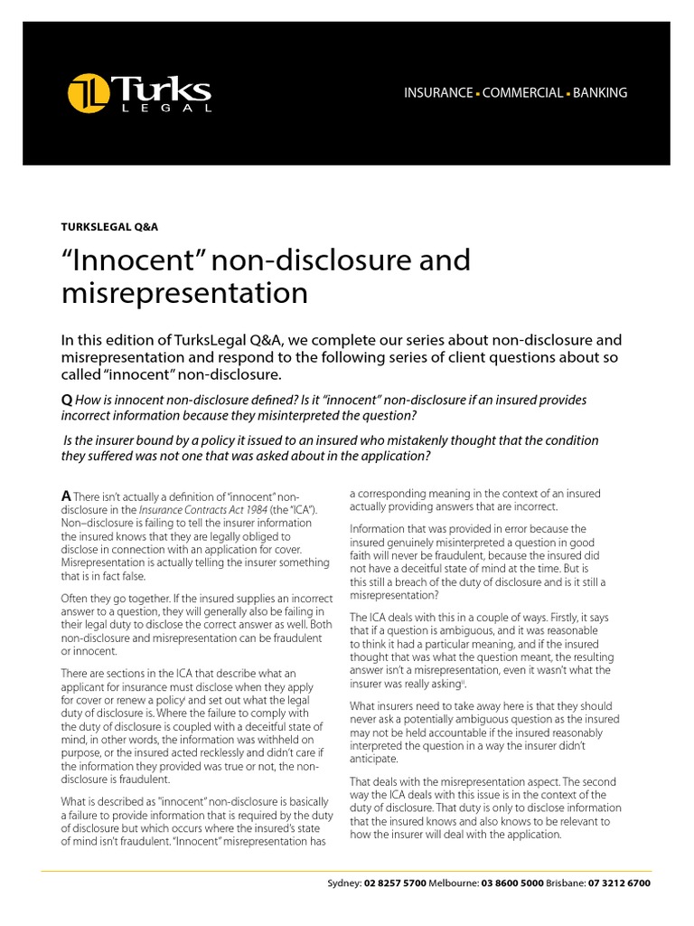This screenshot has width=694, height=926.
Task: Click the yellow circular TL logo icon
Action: point(88,93)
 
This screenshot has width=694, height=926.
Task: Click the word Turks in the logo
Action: point(162,89)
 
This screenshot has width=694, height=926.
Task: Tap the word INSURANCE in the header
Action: point(437,93)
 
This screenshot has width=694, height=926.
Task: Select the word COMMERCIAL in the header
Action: point(522,93)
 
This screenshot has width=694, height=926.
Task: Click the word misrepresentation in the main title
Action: point(184,293)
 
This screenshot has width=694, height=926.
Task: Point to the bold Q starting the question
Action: point(67,400)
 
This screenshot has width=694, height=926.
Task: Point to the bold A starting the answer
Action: point(66,496)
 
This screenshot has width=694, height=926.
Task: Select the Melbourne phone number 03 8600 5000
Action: point(513,883)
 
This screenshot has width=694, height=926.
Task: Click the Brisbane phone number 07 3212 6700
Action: point(619,883)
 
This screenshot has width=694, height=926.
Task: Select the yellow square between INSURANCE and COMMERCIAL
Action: point(478,94)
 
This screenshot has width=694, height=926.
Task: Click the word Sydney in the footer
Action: point(343,883)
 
